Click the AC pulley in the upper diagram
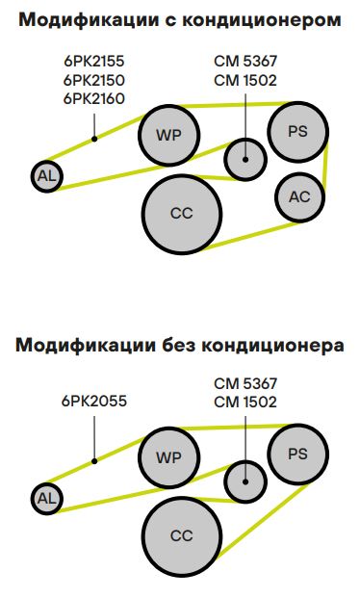pos(299,196)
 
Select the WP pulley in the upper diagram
pos(169,135)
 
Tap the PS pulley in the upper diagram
pos(297,132)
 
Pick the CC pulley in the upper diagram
pos(182,214)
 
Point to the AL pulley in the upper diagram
pos(47,176)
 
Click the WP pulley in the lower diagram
pos(169,457)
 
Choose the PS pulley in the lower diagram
pos(297,454)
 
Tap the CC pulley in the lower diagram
pos(182,535)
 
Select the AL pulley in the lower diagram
pos(47,499)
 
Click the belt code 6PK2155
pos(94,61)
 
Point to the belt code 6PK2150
pos(94,80)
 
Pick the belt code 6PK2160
pos(94,99)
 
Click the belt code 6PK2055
pos(94,402)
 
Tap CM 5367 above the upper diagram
pos(245,61)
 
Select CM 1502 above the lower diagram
pos(245,402)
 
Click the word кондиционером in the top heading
pos(262,20)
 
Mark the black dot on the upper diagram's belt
pos(94,140)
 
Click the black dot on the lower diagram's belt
pos(94,461)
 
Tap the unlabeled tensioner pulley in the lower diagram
pos(245,481)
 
